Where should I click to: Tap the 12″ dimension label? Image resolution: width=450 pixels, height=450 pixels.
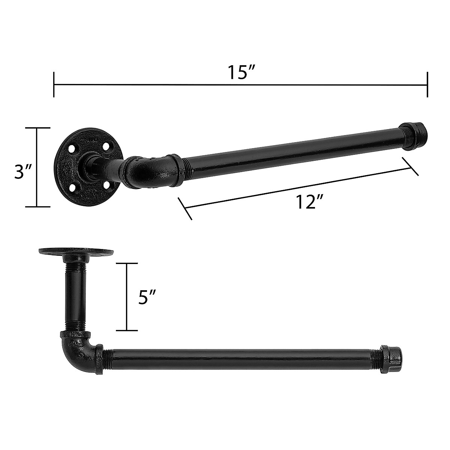[309, 203]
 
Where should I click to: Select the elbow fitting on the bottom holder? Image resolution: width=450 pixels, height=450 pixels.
[78, 347]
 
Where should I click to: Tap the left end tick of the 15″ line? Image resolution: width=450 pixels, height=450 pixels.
[54, 85]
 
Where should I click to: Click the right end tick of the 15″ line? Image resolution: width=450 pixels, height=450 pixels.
[427, 85]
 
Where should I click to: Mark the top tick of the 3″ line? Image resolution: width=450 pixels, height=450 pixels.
[37, 128]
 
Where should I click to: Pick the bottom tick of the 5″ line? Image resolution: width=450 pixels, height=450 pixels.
[127, 330]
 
